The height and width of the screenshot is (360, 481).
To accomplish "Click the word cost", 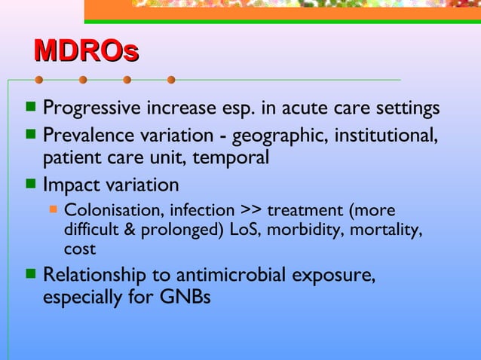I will [x=80, y=248].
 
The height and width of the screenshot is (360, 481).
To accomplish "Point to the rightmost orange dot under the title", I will [x=171, y=79].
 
